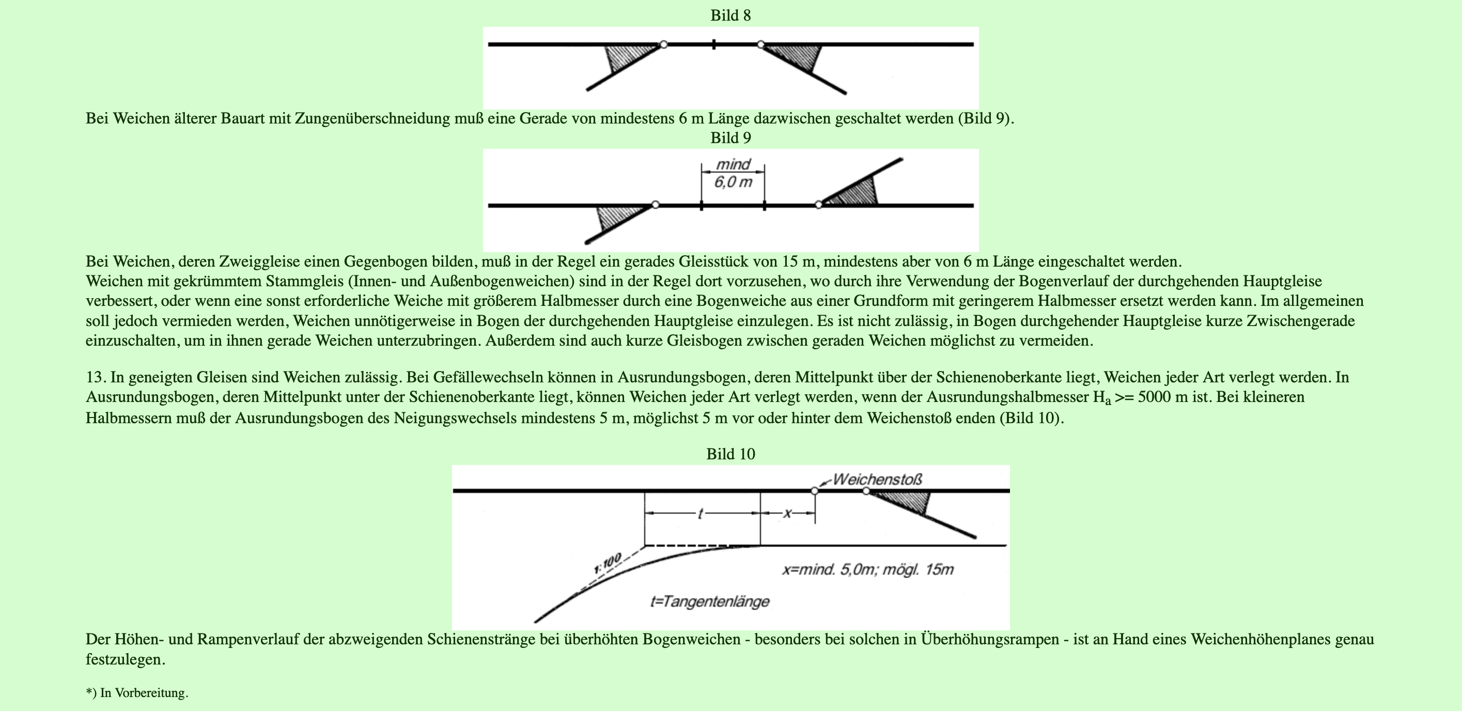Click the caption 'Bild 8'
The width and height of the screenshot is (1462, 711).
click(x=730, y=16)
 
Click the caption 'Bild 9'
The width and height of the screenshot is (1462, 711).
click(x=730, y=138)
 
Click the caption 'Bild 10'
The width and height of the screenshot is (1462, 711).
click(x=730, y=454)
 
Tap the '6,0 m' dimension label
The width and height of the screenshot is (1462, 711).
click(x=733, y=182)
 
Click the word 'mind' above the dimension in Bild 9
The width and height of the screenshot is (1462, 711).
click(x=733, y=164)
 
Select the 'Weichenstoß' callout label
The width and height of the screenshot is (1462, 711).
click(x=877, y=480)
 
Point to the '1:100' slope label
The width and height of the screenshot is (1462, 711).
click(x=608, y=563)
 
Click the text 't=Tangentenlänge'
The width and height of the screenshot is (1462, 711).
click(x=709, y=601)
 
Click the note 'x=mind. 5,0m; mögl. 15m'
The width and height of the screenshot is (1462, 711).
click(x=868, y=569)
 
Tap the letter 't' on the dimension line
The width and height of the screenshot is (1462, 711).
click(x=701, y=514)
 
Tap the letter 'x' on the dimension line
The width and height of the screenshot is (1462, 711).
click(x=787, y=514)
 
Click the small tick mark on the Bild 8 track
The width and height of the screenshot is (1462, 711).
click(x=713, y=44)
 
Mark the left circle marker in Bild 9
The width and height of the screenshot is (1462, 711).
click(x=656, y=204)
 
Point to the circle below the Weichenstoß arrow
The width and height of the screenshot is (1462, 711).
click(x=814, y=491)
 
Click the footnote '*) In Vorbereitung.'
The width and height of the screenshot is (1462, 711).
click(x=137, y=693)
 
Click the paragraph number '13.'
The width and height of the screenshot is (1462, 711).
click(x=96, y=377)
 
